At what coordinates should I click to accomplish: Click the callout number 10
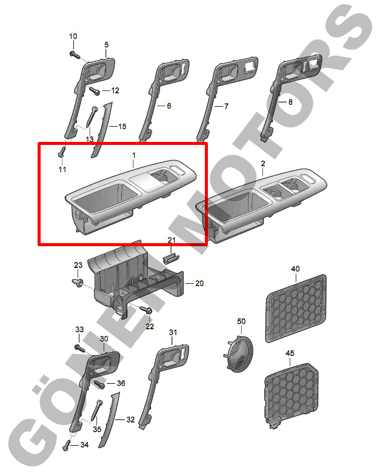point(73,36)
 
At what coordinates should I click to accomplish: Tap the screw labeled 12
point(95,90)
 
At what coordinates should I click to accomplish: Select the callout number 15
point(122,126)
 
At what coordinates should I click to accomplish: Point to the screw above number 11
point(62,152)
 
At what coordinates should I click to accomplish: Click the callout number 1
point(133,155)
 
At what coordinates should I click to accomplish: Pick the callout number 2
point(263,164)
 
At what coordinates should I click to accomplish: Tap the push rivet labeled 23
point(78,283)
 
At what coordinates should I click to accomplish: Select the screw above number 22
point(146,309)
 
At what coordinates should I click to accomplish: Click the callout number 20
point(199,283)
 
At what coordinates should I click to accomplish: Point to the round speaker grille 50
point(241,353)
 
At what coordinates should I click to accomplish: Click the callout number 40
point(295,269)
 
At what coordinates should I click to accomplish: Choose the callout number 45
point(290,353)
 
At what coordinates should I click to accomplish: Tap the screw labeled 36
point(99,384)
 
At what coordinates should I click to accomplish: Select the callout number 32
point(130,419)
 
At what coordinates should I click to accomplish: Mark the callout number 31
point(173,332)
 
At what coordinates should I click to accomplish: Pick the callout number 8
point(290,102)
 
